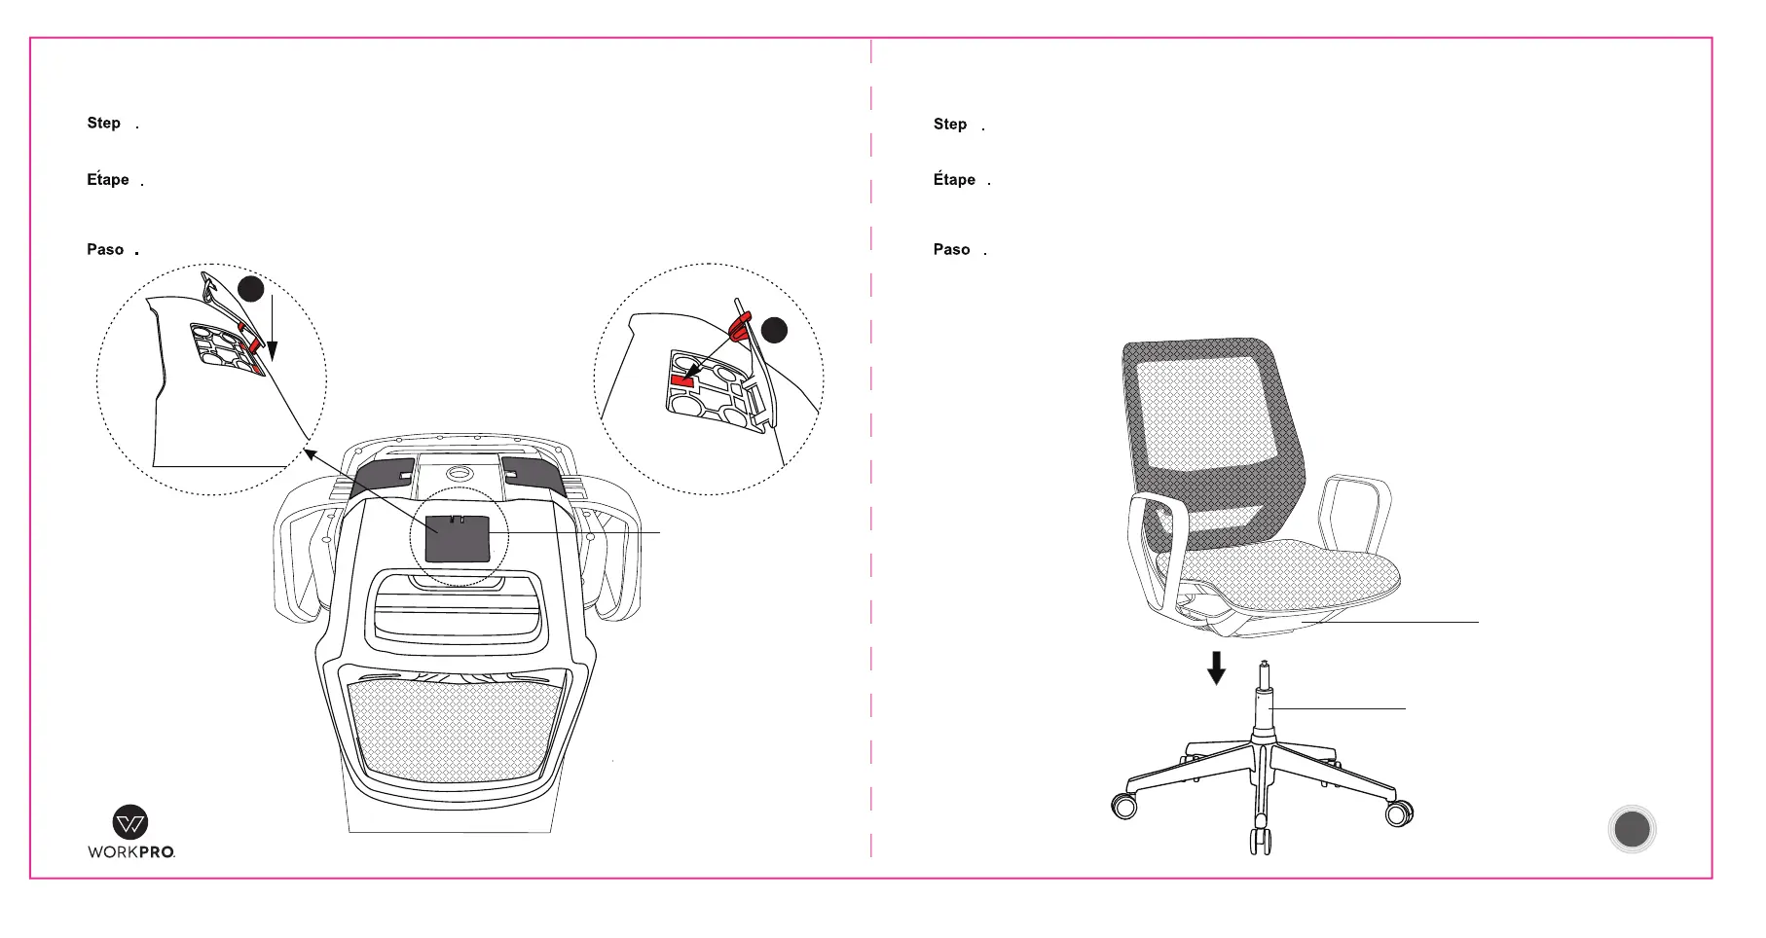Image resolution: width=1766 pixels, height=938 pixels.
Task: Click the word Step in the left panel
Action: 103,124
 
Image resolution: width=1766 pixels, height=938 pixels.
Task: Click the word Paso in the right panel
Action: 951,250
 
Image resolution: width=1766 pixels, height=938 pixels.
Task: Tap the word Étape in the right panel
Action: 954,180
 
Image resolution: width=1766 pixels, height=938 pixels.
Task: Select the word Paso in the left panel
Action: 105,250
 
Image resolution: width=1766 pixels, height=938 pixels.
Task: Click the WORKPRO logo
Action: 131,832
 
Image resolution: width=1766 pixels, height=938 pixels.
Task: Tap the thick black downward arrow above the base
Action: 1216,667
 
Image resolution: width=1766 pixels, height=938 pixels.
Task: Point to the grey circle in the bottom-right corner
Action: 1632,829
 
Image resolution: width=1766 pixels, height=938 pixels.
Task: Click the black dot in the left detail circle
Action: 251,289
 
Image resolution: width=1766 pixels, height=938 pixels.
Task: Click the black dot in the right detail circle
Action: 774,330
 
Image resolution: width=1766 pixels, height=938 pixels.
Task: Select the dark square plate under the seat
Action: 457,538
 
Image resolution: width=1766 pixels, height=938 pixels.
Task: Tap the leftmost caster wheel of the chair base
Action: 1124,806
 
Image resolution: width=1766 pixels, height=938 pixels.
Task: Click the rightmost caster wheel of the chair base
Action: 1399,812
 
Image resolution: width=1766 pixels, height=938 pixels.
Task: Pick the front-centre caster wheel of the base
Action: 1261,839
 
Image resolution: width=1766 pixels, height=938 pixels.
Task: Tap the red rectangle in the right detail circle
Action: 682,380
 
